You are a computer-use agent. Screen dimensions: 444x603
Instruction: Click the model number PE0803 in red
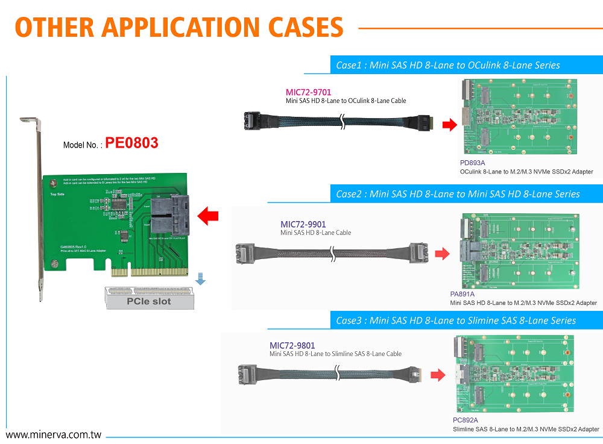coord(131,143)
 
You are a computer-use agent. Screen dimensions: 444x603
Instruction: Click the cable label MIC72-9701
coord(308,92)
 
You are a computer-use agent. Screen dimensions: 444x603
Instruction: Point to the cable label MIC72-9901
coord(303,225)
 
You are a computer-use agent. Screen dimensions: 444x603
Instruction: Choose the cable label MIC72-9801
coord(292,346)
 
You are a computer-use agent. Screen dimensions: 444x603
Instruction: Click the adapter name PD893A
coord(472,163)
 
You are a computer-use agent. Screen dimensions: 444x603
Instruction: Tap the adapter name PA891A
coord(462,294)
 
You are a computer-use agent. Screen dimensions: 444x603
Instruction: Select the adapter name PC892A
coord(465,420)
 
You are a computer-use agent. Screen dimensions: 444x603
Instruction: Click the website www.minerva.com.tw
coord(53,434)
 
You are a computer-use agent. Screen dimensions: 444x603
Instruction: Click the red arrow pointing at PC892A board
coord(437,376)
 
